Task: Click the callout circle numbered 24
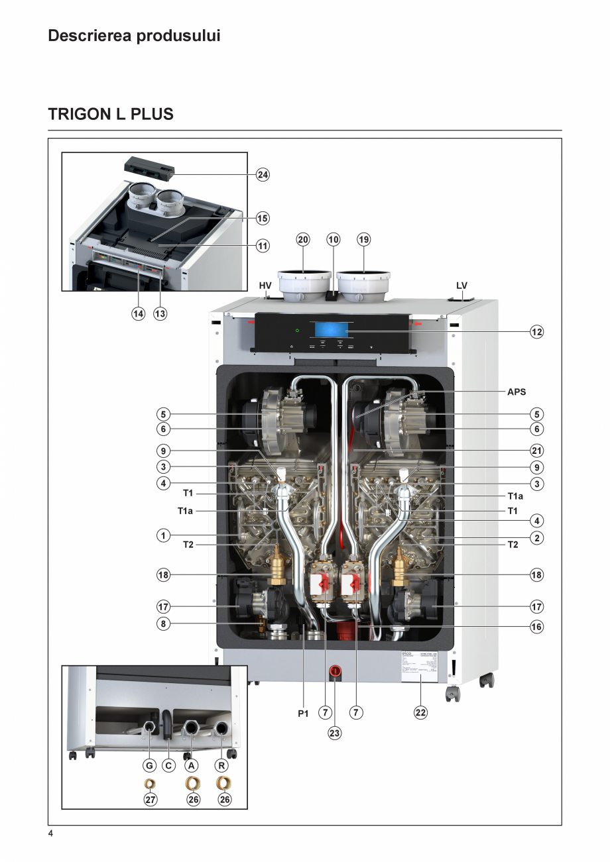coord(263,175)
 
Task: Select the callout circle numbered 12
coord(536,331)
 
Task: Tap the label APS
coord(517,392)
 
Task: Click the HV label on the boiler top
coord(265,286)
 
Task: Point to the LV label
coord(462,286)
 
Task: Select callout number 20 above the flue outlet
coord(303,240)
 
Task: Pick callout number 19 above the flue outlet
coord(363,240)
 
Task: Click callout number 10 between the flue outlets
coord(334,240)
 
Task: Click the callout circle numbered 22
coord(420,713)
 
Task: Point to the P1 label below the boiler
coord(303,714)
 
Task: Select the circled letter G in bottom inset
coord(150,766)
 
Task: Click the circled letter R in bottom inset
coord(222,766)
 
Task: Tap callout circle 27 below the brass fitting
coord(151,800)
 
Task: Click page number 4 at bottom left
coord(50,834)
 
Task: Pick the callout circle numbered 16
coord(536,626)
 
